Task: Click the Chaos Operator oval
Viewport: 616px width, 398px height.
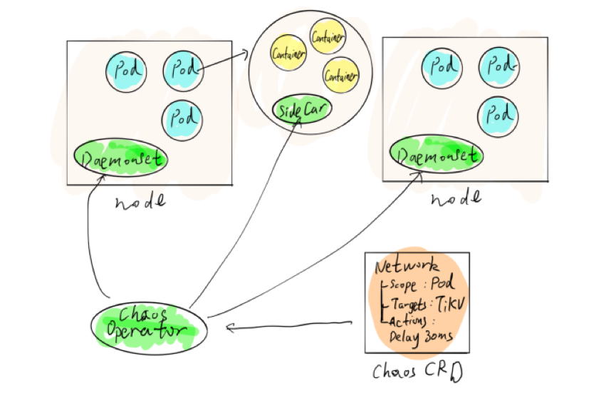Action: [148, 325]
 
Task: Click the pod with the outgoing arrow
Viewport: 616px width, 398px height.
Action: [182, 69]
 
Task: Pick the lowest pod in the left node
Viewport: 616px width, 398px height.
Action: [182, 116]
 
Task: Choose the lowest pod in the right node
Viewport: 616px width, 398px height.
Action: [498, 113]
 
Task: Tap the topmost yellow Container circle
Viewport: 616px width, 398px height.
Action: [328, 33]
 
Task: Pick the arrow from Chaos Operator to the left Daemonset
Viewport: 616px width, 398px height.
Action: [90, 235]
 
